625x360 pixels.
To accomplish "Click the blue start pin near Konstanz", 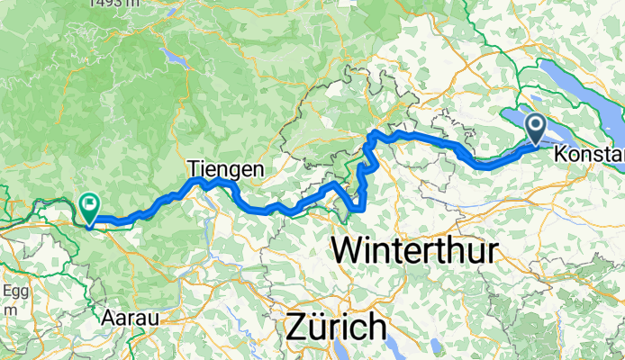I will tap(536, 129).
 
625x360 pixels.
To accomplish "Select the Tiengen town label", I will tap(226, 168).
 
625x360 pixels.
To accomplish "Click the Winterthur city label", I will tap(414, 249).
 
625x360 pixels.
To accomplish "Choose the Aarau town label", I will tap(131, 318).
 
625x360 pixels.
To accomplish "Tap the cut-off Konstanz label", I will tap(590, 156).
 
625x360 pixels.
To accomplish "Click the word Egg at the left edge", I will tap(15, 292).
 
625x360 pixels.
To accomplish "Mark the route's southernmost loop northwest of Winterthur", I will tap(356, 208).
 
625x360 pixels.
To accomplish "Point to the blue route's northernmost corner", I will tap(373, 134).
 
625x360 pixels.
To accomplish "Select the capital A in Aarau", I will tap(108, 318).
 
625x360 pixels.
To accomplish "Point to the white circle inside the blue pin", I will tap(536, 125).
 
